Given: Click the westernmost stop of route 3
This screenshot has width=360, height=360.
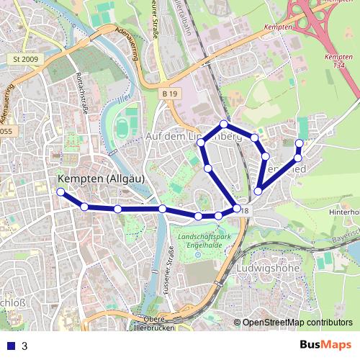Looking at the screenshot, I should coord(60,192).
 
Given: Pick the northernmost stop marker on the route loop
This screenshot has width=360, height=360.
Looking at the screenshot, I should coord(224,124).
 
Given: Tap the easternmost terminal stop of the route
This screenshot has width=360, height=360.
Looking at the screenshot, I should coord(300,143).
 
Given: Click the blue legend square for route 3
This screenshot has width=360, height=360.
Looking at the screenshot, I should coord(9,346).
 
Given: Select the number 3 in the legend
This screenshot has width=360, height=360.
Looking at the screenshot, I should coord(24,346).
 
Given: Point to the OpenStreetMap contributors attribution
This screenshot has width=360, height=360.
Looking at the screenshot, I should coord(297,323).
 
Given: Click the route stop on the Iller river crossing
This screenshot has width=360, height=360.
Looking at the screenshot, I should coord(163,209).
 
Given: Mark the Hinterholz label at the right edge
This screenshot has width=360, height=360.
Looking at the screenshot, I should coord(344,212).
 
